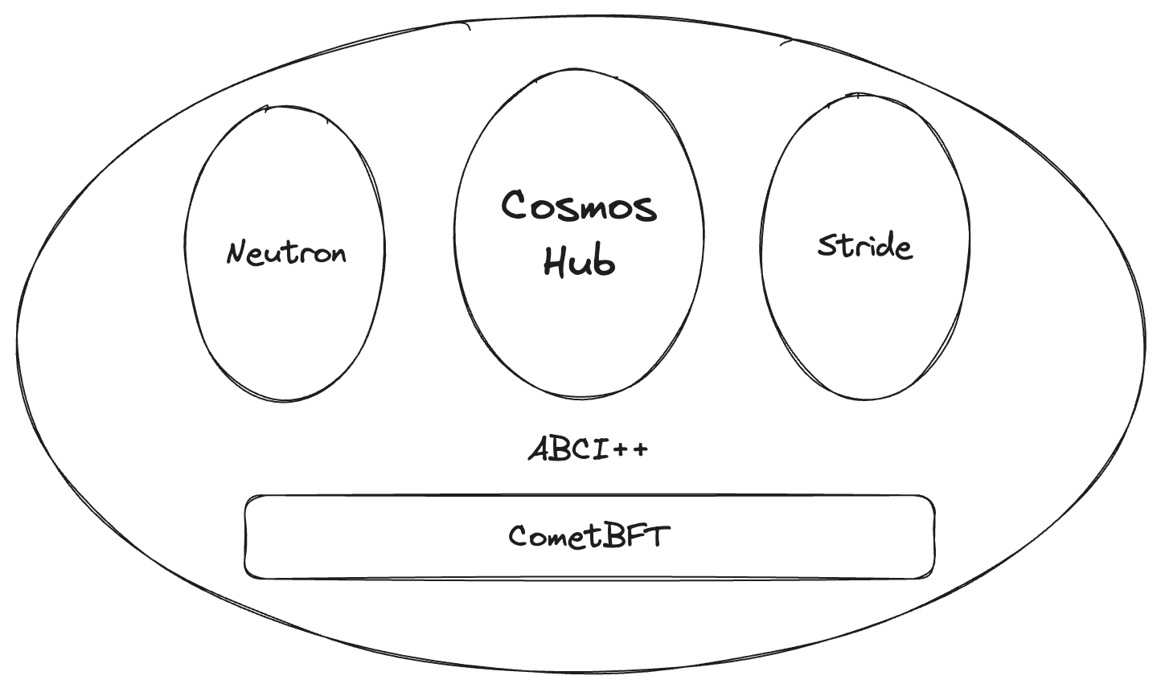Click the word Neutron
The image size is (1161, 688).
(286, 253)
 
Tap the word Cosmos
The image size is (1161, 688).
(579, 206)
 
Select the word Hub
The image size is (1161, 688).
(579, 260)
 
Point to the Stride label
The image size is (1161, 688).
(864, 245)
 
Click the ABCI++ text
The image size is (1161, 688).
(588, 448)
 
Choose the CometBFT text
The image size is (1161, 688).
(589, 535)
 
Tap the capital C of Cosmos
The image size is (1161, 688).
(519, 205)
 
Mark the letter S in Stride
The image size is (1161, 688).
(827, 245)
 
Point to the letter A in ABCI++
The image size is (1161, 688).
(539, 448)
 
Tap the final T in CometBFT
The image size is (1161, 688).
(658, 535)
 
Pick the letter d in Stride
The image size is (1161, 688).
(882, 244)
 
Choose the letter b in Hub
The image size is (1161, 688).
(604, 260)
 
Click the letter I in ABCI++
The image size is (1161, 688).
(603, 448)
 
